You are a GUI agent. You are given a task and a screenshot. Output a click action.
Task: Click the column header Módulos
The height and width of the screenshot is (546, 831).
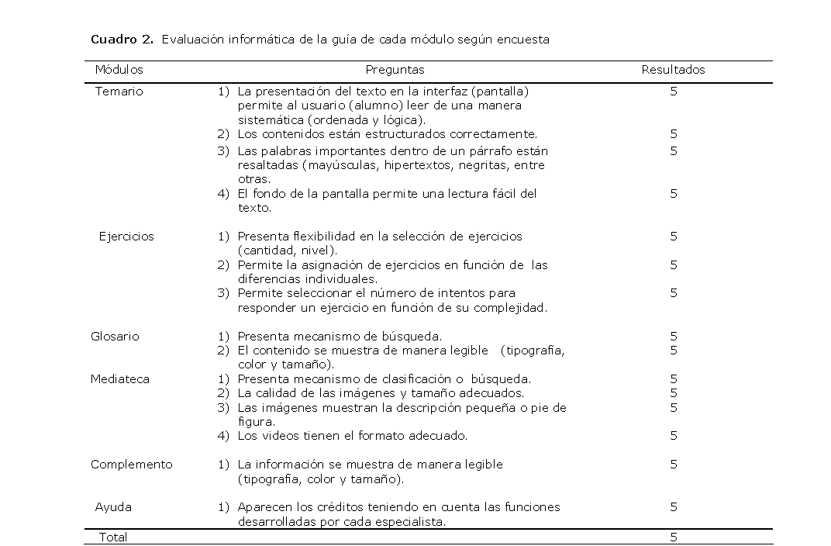click(119, 70)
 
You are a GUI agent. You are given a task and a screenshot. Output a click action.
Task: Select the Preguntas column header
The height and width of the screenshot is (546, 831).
click(395, 70)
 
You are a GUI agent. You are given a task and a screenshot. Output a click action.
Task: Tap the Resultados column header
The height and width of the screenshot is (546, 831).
click(673, 70)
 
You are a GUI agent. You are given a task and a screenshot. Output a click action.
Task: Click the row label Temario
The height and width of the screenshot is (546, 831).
click(119, 91)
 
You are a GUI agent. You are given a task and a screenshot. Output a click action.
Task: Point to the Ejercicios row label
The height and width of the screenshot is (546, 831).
click(126, 237)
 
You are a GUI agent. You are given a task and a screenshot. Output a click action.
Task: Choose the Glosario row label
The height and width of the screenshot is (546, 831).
click(115, 337)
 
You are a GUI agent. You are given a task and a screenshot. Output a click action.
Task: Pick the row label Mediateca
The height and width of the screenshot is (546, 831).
click(119, 379)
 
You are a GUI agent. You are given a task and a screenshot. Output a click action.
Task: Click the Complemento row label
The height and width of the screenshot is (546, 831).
click(131, 465)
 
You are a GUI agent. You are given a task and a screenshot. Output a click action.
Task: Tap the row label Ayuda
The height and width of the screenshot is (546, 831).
click(113, 507)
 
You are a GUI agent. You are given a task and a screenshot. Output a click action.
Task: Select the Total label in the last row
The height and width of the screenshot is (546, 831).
click(112, 537)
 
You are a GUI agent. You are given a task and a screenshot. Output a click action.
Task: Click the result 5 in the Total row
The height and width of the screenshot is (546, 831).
click(674, 537)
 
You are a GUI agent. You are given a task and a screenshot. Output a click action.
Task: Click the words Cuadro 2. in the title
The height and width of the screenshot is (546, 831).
click(122, 40)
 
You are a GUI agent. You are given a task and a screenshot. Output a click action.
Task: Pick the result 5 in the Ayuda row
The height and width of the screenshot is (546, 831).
click(674, 507)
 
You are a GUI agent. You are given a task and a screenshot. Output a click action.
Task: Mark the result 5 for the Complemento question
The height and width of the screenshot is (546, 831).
click(674, 465)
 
